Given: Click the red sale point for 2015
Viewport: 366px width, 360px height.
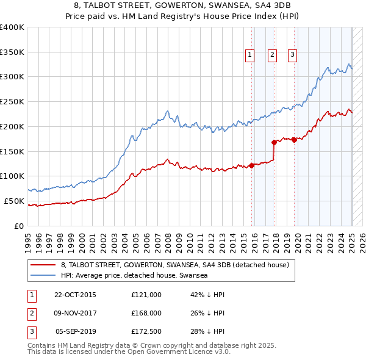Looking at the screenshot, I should pos(251,165).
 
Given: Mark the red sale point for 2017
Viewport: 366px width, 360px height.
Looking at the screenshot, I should pos(274,142).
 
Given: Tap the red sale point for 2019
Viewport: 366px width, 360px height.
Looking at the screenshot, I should pos(294,140).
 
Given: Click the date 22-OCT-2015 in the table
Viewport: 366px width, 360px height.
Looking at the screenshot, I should pos(75,295).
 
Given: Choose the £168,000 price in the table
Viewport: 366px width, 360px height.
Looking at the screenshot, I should pos(146,313).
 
